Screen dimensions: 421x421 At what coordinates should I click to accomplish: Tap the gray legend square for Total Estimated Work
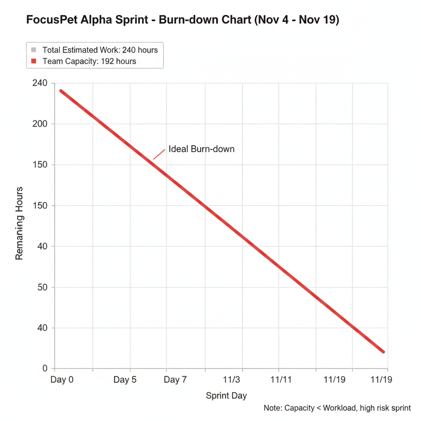[x=34, y=50]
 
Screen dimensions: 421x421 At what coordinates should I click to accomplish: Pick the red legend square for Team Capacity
[x=34, y=61]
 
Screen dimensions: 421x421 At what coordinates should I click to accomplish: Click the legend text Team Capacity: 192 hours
[x=89, y=61]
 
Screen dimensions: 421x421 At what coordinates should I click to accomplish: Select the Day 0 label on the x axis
[x=62, y=379]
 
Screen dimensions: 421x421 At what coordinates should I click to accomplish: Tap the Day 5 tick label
[x=125, y=379]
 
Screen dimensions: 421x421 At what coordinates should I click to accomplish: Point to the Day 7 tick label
[x=175, y=379]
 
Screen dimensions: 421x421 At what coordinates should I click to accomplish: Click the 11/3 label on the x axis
[x=231, y=379]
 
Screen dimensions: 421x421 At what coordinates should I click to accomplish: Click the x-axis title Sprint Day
[x=226, y=396]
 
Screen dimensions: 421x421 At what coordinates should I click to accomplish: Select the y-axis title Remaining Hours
[x=19, y=223]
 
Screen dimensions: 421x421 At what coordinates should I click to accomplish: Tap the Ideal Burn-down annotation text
[x=201, y=149]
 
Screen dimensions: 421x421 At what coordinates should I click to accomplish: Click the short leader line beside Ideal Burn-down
[x=159, y=154]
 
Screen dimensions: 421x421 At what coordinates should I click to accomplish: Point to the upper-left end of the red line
[x=61, y=91]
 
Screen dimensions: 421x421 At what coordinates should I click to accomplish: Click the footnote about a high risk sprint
[x=337, y=408]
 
